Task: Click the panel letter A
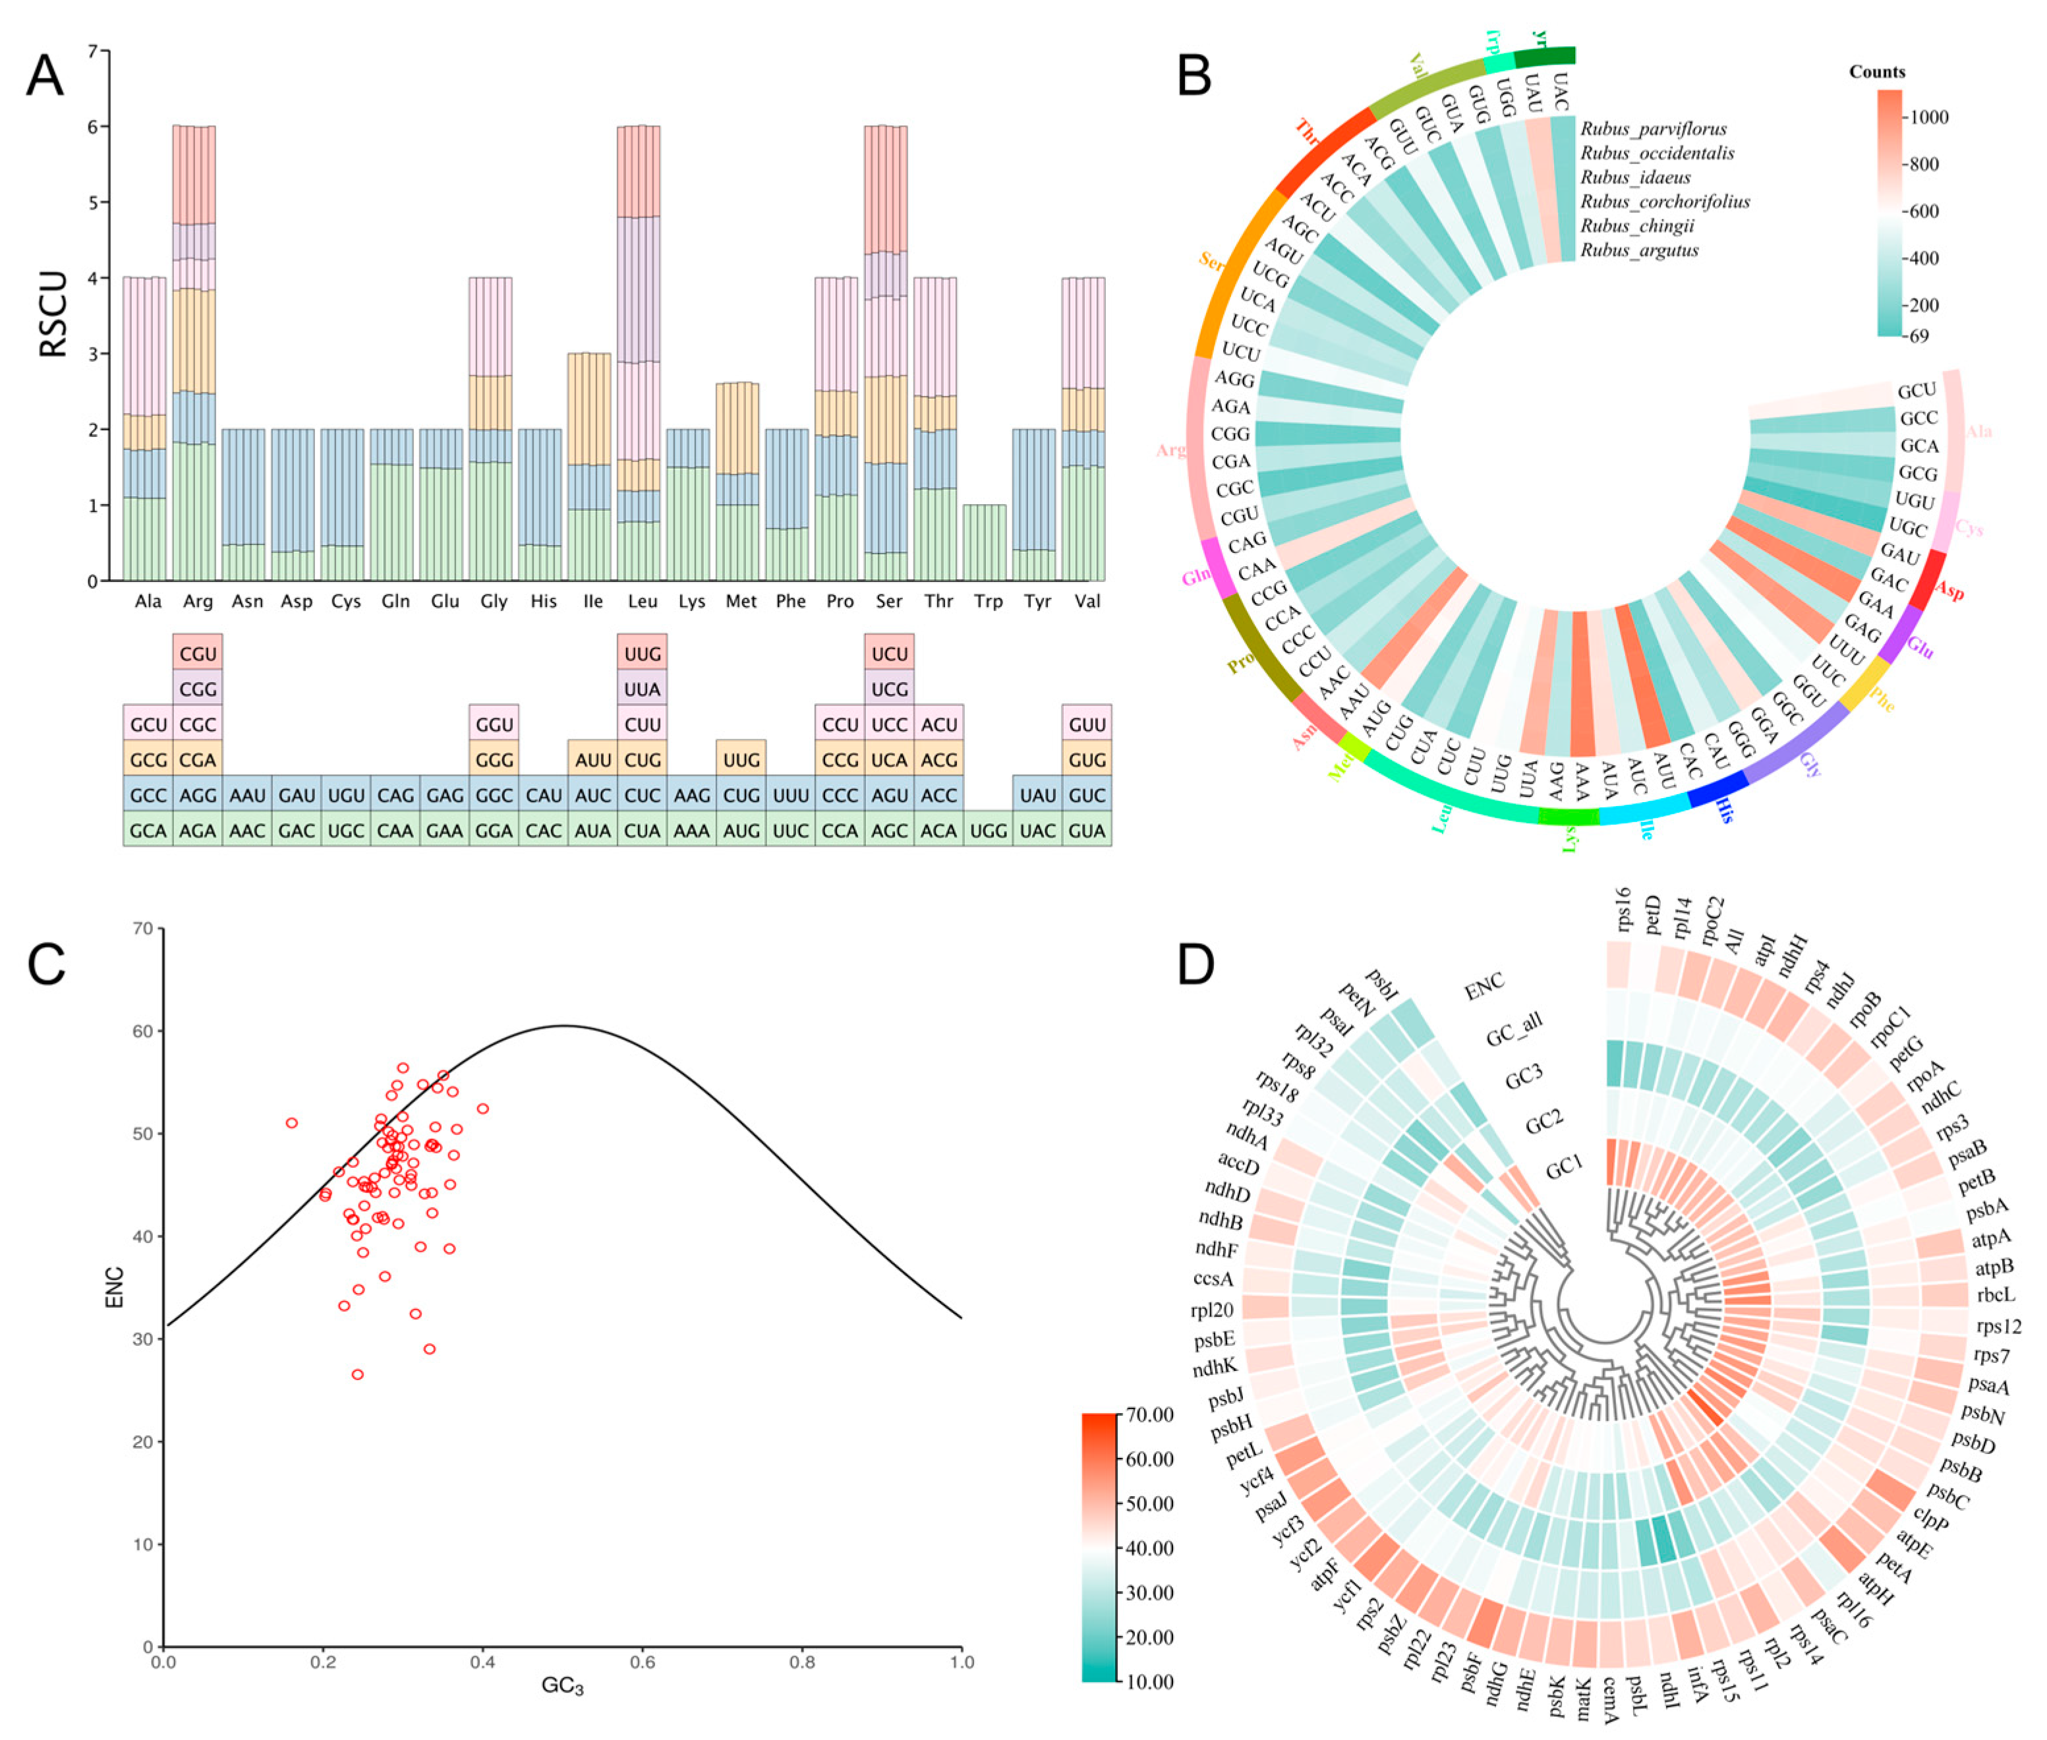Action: tap(44, 75)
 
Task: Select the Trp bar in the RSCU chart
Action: tap(985, 542)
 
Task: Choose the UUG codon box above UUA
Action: tap(642, 653)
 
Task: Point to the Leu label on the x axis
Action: tap(642, 600)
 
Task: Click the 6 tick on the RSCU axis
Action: tap(93, 127)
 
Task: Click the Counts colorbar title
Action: tap(1876, 72)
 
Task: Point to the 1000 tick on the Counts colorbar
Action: tap(1928, 117)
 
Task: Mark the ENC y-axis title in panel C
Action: tap(115, 1287)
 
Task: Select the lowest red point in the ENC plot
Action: tap(357, 1374)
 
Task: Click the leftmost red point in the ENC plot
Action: tap(291, 1122)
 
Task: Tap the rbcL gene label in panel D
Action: tap(1995, 1295)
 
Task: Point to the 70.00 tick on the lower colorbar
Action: tap(1149, 1414)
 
